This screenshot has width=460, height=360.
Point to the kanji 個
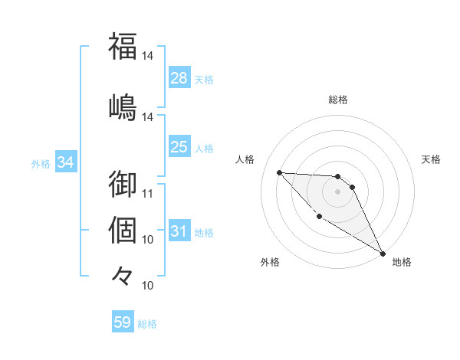coord(123,229)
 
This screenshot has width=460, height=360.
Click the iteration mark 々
coord(123,275)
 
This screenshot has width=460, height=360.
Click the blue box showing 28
coord(179,78)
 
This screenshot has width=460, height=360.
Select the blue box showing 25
coord(179,147)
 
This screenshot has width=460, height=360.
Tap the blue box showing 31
coord(179,231)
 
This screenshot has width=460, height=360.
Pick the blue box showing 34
coord(66,162)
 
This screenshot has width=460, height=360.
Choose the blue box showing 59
coord(123,322)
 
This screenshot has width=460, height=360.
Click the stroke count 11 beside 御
coord(149,194)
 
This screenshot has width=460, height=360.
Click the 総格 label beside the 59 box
coord(147,324)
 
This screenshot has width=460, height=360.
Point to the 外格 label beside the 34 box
coord(41,163)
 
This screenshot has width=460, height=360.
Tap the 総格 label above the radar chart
coord(337,100)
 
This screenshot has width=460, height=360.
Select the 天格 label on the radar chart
coord(432,159)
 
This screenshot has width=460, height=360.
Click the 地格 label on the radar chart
coord(402,262)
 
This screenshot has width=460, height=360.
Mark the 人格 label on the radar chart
coord(245,159)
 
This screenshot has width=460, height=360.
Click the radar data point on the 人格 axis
coord(279,172)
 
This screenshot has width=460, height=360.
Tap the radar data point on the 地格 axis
coord(383,254)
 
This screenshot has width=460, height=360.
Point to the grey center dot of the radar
coord(337,191)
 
